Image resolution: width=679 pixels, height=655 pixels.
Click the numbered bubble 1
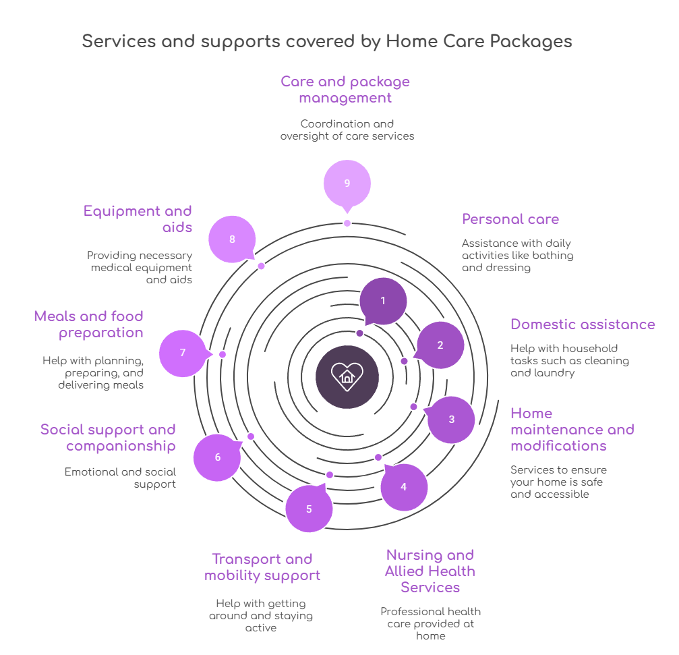(383, 301)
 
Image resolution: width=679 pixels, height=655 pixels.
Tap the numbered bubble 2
(440, 345)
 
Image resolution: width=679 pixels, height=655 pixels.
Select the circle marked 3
(451, 420)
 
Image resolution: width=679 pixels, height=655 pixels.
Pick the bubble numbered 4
(403, 486)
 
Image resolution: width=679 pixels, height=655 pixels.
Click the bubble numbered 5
(309, 509)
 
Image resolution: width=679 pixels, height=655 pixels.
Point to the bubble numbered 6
(217, 457)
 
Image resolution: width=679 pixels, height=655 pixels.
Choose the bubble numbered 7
(183, 353)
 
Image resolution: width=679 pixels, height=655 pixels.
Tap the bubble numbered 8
(232, 239)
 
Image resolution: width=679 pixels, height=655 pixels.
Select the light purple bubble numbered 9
(347, 183)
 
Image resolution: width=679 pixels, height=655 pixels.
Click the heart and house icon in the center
(347, 377)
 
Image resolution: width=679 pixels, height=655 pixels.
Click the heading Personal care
(510, 219)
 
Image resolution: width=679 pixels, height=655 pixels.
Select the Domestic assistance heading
(583, 324)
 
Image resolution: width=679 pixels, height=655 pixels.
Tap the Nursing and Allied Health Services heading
(430, 571)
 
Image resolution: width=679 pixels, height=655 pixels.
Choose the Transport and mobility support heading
(262, 567)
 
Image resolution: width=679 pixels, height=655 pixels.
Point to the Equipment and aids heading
(138, 219)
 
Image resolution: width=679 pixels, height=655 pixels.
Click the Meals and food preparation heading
(89, 324)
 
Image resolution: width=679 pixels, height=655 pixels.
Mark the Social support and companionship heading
(108, 438)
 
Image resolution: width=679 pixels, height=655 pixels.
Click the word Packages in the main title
(531, 41)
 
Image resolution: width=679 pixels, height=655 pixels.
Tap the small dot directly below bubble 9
(347, 223)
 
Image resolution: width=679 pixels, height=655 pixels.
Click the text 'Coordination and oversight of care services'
(347, 130)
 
